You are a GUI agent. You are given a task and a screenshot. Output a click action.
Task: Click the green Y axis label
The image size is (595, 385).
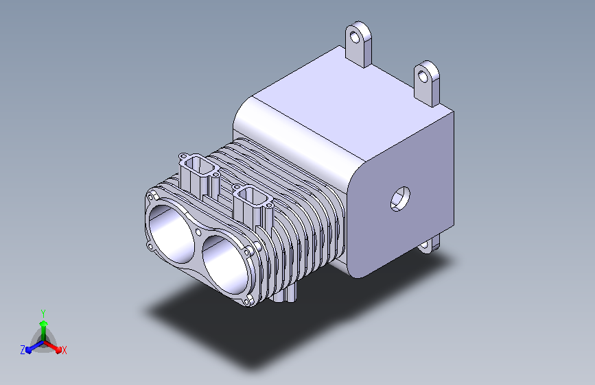pyautogui.click(x=43, y=313)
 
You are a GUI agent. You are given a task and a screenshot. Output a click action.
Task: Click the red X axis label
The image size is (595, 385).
pyautogui.click(x=64, y=350)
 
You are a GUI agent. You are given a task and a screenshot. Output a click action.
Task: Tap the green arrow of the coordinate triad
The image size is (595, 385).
pyautogui.click(x=44, y=330)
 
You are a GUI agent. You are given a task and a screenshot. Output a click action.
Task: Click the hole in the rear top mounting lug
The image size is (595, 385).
pyautogui.click(x=355, y=38)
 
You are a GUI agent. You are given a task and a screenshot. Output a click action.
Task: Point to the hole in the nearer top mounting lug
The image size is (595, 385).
pyautogui.click(x=423, y=77)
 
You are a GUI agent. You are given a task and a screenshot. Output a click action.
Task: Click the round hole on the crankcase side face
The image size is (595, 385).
pyautogui.click(x=400, y=199)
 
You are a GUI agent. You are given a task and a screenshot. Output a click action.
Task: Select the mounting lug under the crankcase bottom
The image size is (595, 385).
pyautogui.click(x=429, y=245)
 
